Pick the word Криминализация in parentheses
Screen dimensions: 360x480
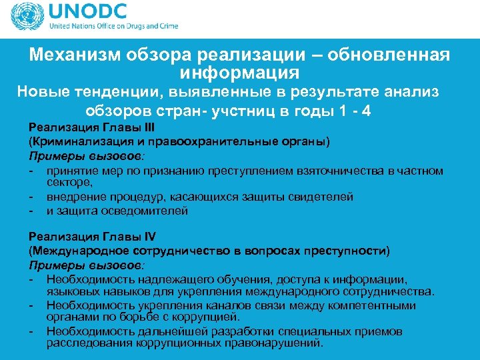tap(73, 142)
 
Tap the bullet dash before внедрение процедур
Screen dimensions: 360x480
tap(31, 197)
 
